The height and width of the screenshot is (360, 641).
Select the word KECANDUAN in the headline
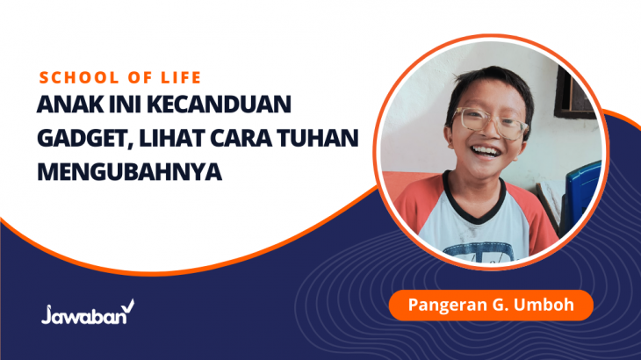[219, 104]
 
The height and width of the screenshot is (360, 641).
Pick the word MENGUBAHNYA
[130, 172]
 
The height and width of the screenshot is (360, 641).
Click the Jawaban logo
[88, 313]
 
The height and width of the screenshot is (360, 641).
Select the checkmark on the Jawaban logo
[128, 306]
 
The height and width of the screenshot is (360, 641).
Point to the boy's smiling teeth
[486, 152]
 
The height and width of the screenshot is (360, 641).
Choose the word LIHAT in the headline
[172, 138]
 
